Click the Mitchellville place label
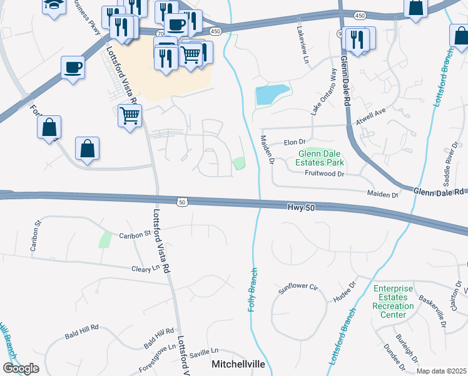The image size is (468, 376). coord(238,364)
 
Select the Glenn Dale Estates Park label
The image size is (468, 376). coord(322,157)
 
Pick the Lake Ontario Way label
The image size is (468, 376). coord(324,91)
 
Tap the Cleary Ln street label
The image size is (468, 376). coord(147,268)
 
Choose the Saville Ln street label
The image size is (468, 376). coord(205,351)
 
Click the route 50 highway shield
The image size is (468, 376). coord(182,202)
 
